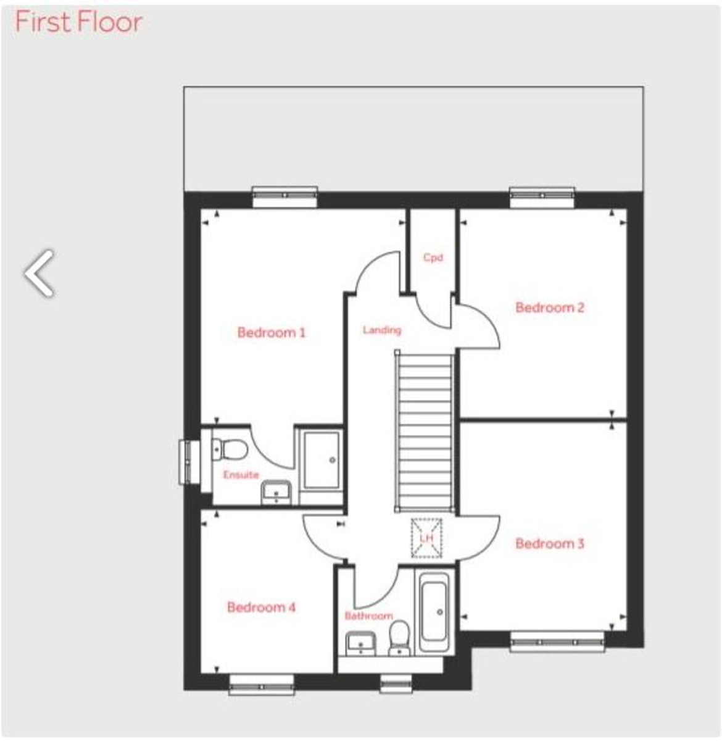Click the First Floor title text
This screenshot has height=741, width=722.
(x=78, y=22)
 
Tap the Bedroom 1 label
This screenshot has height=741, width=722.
(x=272, y=333)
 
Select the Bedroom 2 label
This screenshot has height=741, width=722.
(x=550, y=308)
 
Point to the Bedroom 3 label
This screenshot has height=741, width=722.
(x=550, y=544)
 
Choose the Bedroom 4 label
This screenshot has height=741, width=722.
(x=262, y=608)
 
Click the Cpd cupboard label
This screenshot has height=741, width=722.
(x=433, y=257)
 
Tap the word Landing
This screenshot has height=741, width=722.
(x=382, y=330)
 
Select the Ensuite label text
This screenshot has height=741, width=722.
(x=241, y=475)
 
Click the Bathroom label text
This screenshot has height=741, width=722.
(x=368, y=616)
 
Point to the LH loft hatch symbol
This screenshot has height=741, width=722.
(x=426, y=538)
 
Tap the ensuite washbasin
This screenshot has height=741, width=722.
(x=275, y=492)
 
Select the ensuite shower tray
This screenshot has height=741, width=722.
(x=319, y=460)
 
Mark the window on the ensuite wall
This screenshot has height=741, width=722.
(x=187, y=462)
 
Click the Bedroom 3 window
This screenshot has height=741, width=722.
(x=558, y=642)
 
